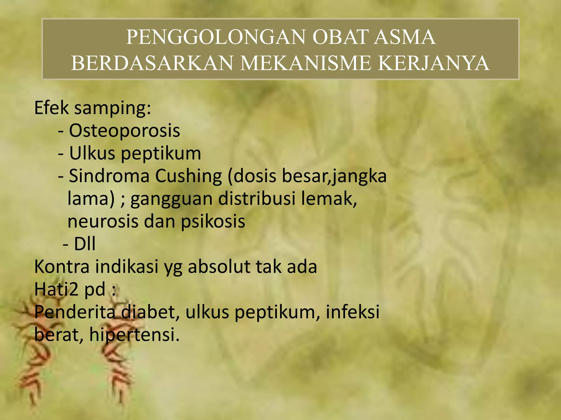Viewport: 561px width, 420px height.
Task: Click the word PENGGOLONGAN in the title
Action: [215, 37]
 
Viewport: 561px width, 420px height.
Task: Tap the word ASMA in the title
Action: [405, 37]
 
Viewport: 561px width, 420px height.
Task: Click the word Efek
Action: [51, 108]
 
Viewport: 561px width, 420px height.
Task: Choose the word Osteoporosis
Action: [124, 130]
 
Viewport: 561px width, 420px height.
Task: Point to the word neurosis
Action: [103, 221]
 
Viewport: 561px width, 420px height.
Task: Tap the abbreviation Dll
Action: [85, 244]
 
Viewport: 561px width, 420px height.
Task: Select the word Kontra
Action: [62, 267]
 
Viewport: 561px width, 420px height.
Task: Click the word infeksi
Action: [353, 312]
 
